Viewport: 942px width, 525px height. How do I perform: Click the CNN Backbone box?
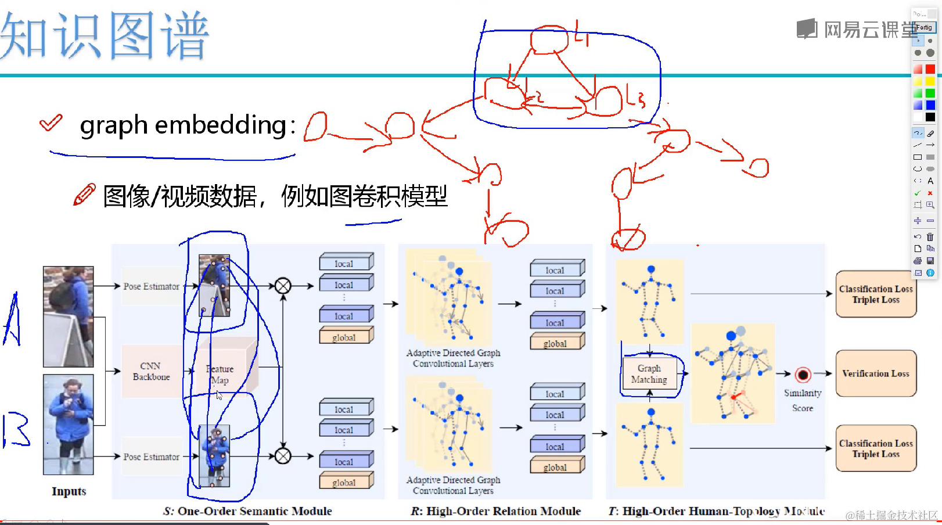[151, 371]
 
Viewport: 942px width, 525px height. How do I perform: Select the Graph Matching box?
[649, 374]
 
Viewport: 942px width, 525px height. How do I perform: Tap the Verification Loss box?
[876, 373]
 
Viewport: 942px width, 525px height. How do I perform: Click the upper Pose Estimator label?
[151, 286]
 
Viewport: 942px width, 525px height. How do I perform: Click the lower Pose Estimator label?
[151, 457]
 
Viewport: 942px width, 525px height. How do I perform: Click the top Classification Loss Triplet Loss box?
[876, 294]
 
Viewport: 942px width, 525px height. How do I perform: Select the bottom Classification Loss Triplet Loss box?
[876, 448]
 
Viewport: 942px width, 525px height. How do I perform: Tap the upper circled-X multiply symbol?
[283, 286]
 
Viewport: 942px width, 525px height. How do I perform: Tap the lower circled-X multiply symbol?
[283, 456]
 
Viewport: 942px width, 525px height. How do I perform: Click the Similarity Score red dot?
[803, 375]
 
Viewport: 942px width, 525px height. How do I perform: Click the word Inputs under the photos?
[69, 491]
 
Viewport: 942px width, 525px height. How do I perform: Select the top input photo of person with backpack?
[68, 317]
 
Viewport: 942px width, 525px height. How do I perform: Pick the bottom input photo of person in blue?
[68, 424]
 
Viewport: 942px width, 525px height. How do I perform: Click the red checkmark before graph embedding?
[51, 123]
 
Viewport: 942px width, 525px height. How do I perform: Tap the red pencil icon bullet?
[84, 195]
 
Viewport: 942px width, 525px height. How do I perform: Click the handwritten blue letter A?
[13, 321]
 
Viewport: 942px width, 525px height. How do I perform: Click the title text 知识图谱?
[105, 36]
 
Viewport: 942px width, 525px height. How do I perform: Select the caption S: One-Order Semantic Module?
[247, 511]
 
